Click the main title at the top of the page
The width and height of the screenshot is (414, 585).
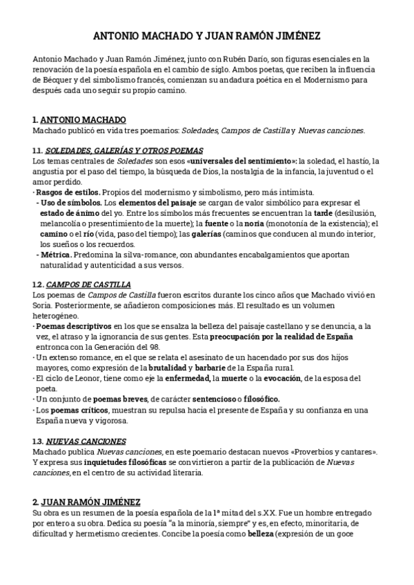(x=206, y=35)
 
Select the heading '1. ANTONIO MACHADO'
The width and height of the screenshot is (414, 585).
(x=79, y=119)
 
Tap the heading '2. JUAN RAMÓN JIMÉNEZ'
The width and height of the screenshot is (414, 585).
(x=86, y=502)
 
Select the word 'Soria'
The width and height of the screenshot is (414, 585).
(x=43, y=306)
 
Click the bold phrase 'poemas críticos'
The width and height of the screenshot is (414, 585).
(x=79, y=410)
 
